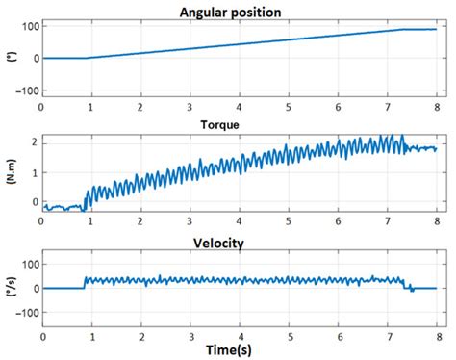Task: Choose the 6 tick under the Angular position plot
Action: [x=338, y=107]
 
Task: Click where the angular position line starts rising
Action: [x=86, y=58]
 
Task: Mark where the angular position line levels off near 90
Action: [x=403, y=30]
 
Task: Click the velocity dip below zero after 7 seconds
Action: [x=411, y=291]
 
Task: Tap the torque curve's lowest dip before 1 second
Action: [x=83, y=210]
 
